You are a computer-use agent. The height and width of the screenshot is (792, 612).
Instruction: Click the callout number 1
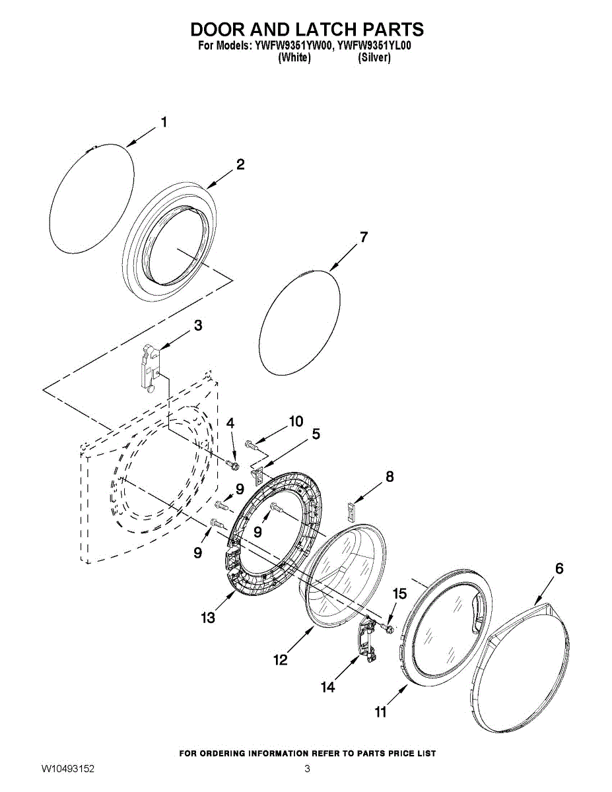click(x=164, y=122)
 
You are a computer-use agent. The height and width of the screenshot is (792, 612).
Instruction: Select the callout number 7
click(x=363, y=238)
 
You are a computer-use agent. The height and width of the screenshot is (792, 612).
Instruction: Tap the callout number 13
click(x=208, y=618)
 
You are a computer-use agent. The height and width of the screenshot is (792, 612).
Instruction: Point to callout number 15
click(x=399, y=594)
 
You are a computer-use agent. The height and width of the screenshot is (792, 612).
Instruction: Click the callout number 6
click(x=559, y=568)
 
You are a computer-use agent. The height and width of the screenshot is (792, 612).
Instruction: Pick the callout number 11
click(x=380, y=711)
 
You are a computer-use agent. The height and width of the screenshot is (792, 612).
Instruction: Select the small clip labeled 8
click(x=351, y=511)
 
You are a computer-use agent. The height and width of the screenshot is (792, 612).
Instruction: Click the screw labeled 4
click(x=232, y=465)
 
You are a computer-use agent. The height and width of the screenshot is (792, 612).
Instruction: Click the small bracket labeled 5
click(x=259, y=475)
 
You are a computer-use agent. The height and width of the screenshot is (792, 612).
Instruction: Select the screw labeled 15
click(x=388, y=626)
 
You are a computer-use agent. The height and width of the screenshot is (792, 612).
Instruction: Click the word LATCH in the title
click(x=307, y=30)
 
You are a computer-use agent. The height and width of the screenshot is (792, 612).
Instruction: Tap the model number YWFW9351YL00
click(x=374, y=46)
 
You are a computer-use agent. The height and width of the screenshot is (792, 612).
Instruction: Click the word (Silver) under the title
click(x=374, y=58)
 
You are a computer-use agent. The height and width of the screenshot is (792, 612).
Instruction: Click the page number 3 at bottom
click(x=307, y=769)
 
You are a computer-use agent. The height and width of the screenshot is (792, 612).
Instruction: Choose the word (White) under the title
click(x=294, y=58)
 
